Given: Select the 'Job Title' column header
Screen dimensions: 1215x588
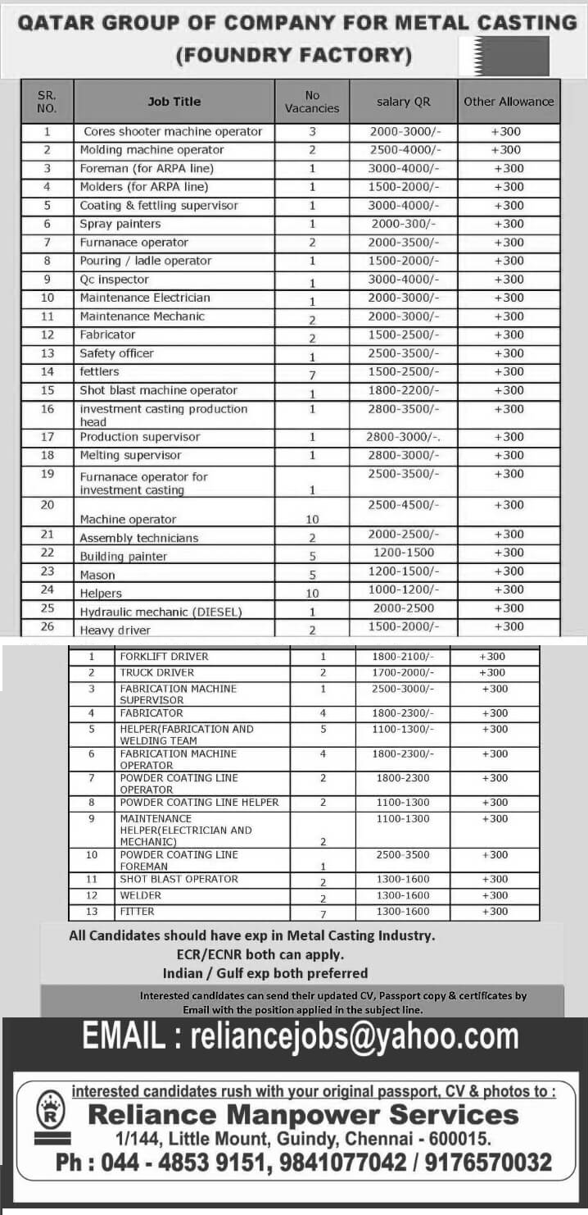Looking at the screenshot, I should tap(174, 102).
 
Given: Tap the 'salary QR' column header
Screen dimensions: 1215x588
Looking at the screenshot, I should tap(403, 102).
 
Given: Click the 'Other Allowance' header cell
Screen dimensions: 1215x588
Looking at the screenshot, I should tap(509, 102).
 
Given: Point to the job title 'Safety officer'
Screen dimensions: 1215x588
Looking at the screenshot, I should tap(117, 353).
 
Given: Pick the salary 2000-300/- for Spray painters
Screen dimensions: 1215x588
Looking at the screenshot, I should tap(404, 224).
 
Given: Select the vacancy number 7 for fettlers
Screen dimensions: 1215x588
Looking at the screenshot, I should tap(312, 374).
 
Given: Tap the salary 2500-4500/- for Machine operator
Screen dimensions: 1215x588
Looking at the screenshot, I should tap(404, 505).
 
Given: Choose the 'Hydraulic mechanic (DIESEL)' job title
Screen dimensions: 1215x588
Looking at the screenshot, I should tap(161, 612).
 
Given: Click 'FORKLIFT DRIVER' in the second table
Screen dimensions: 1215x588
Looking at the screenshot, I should tap(164, 657).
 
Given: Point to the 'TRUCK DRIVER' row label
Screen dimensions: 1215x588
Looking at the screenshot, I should tap(157, 673).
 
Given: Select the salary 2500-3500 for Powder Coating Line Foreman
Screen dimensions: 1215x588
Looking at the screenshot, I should tap(403, 855).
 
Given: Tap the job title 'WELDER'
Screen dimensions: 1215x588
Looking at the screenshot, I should tap(141, 895).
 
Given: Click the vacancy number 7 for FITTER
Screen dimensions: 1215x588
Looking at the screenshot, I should tap(323, 913).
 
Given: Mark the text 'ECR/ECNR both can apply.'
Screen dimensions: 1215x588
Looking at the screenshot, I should tap(260, 954).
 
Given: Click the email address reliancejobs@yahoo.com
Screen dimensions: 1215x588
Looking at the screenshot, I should tap(354, 1037).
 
